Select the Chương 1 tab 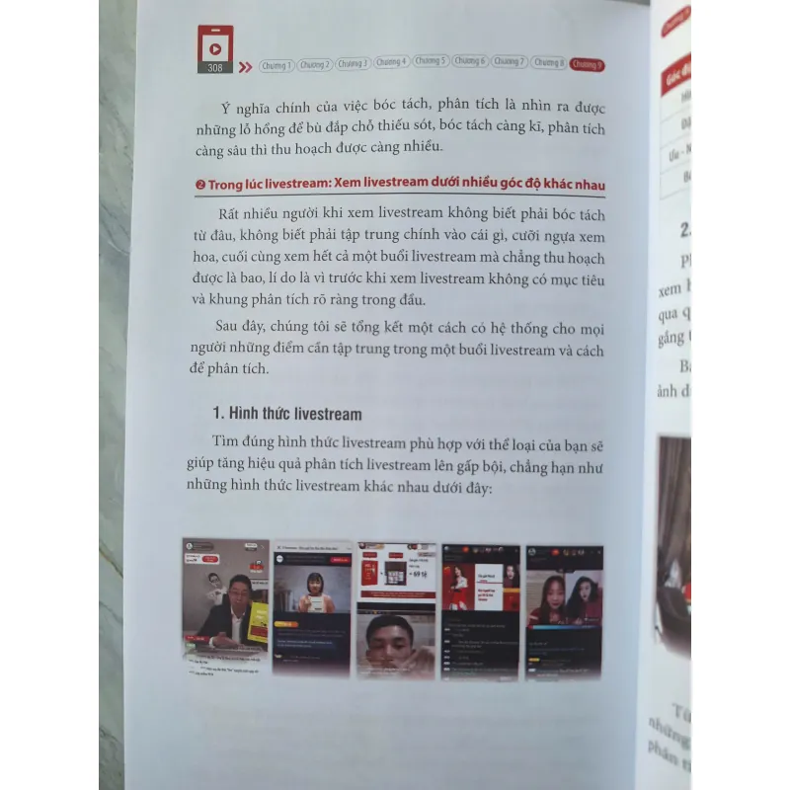[x=276, y=64]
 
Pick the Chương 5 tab [x=431, y=63]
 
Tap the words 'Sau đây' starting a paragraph [x=241, y=328]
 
